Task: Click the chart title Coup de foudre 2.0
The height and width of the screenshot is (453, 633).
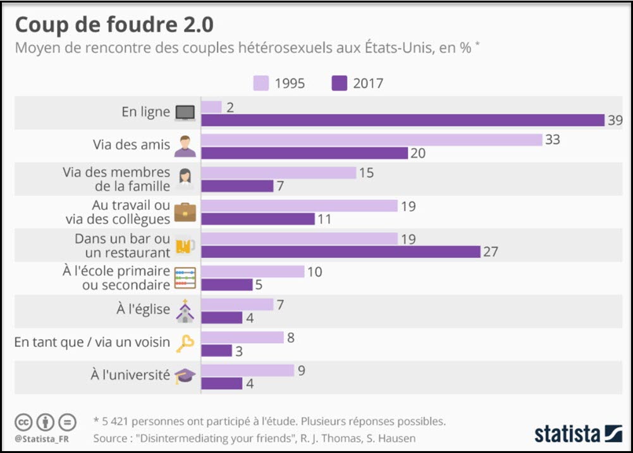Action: [114, 25]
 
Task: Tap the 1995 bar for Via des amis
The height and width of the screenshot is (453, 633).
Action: [372, 140]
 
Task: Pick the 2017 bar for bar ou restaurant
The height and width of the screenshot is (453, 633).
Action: [341, 252]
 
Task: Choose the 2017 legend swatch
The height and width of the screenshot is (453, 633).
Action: [340, 83]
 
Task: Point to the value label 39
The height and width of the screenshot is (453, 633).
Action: [615, 120]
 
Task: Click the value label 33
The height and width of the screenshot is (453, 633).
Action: [552, 140]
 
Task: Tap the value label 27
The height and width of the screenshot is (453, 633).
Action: [491, 252]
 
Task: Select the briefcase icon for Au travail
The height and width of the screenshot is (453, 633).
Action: [185, 212]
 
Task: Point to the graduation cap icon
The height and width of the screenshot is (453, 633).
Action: [185, 376]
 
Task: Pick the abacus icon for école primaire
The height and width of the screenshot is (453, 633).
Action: [185, 278]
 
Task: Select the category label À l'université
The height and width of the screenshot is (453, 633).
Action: [130, 375]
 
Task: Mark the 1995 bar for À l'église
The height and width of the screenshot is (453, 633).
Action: [237, 304]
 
